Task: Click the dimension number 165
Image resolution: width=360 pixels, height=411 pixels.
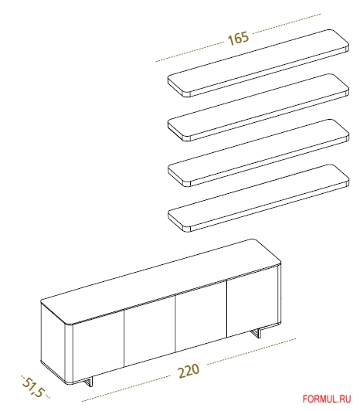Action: (x=238, y=39)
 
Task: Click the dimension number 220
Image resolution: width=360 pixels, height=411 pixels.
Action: (x=188, y=370)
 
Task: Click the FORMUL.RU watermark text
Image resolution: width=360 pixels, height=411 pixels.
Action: (x=327, y=399)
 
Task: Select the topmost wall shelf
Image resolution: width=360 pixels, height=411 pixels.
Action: (x=258, y=63)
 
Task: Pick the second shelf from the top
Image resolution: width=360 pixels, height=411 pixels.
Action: (x=258, y=107)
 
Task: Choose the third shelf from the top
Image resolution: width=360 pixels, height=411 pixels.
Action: (x=258, y=153)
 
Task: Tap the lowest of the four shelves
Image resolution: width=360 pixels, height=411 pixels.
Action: (x=258, y=198)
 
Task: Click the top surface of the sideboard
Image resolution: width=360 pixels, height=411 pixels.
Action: (x=161, y=280)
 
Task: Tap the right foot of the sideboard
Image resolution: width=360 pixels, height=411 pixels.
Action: (x=256, y=333)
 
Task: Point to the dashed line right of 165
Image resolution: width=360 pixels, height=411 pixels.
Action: (x=286, y=24)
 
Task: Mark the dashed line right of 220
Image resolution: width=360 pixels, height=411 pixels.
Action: (x=251, y=352)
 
